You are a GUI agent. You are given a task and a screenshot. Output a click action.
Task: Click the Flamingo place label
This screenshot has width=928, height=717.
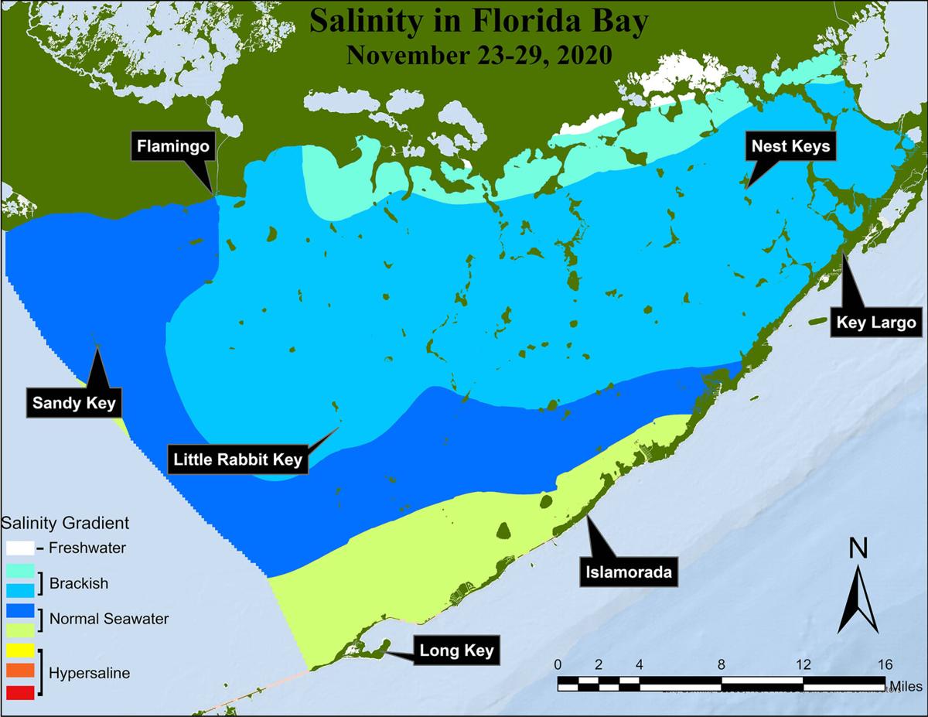[x=173, y=145]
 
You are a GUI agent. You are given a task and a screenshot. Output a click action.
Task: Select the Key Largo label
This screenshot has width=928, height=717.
[x=876, y=323]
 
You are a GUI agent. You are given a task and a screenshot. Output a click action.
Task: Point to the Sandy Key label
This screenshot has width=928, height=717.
[x=73, y=402]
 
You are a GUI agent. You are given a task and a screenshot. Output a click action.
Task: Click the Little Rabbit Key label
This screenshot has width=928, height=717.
[x=237, y=459]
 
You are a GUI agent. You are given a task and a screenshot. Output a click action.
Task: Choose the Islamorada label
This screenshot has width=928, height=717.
[x=628, y=573]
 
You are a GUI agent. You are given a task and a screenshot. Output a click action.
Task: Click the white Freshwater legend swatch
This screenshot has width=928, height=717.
[x=20, y=548]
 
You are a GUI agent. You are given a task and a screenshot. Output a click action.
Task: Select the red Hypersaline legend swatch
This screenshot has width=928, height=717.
[x=20, y=692]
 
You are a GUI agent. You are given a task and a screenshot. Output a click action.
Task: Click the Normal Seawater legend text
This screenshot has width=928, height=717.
[x=109, y=619]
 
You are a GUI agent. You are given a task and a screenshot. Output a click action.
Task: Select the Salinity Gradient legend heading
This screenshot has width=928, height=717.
[x=66, y=523]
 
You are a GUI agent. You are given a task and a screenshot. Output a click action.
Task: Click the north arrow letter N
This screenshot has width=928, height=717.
[x=858, y=548]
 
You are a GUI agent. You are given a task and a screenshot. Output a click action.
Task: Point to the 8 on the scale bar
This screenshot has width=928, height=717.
[x=722, y=664]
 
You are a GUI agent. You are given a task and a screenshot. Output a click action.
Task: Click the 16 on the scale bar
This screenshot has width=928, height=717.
[x=885, y=664]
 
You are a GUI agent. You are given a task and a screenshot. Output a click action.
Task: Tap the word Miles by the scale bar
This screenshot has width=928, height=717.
[x=909, y=685]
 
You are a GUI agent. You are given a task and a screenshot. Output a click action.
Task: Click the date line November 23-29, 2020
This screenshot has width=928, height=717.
[x=479, y=55]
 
